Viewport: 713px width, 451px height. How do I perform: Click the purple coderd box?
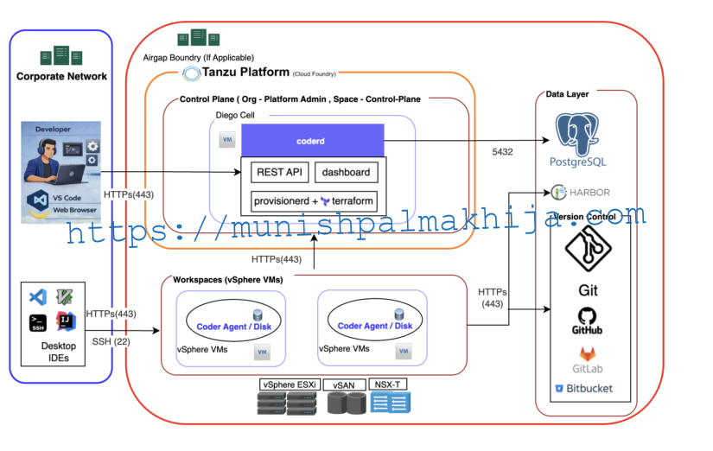[x=312, y=140]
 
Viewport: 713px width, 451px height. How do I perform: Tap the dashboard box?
[x=346, y=172]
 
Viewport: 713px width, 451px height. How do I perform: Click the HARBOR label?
[x=593, y=192]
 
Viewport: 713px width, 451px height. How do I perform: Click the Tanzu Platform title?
[x=246, y=73]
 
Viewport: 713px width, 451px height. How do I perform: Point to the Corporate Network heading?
[x=61, y=77]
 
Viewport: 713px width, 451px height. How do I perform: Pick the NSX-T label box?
[x=389, y=384]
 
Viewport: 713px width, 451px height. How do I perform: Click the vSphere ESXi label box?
[x=290, y=384]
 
